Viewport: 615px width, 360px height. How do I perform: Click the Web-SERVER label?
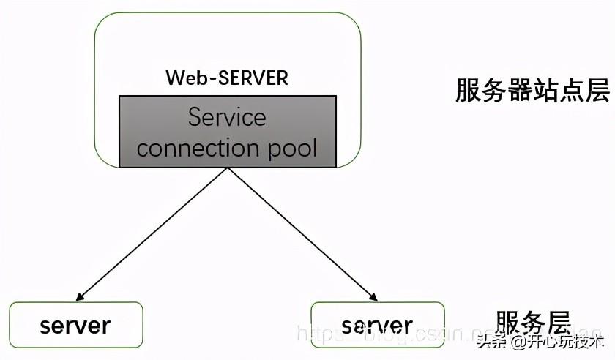[227, 78]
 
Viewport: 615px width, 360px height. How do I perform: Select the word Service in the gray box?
[227, 116]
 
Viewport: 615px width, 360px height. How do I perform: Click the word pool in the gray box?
[294, 148]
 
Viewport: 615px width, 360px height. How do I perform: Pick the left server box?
[75, 325]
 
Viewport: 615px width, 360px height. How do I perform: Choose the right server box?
[377, 325]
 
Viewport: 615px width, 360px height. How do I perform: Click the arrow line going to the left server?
[154, 233]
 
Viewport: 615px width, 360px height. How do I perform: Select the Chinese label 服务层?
[532, 323]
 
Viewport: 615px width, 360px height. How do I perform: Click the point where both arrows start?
[228, 169]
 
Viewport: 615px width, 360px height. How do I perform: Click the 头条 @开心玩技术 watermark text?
[540, 341]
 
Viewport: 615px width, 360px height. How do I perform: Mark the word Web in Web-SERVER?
[183, 78]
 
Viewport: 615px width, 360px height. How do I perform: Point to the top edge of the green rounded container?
[227, 13]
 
